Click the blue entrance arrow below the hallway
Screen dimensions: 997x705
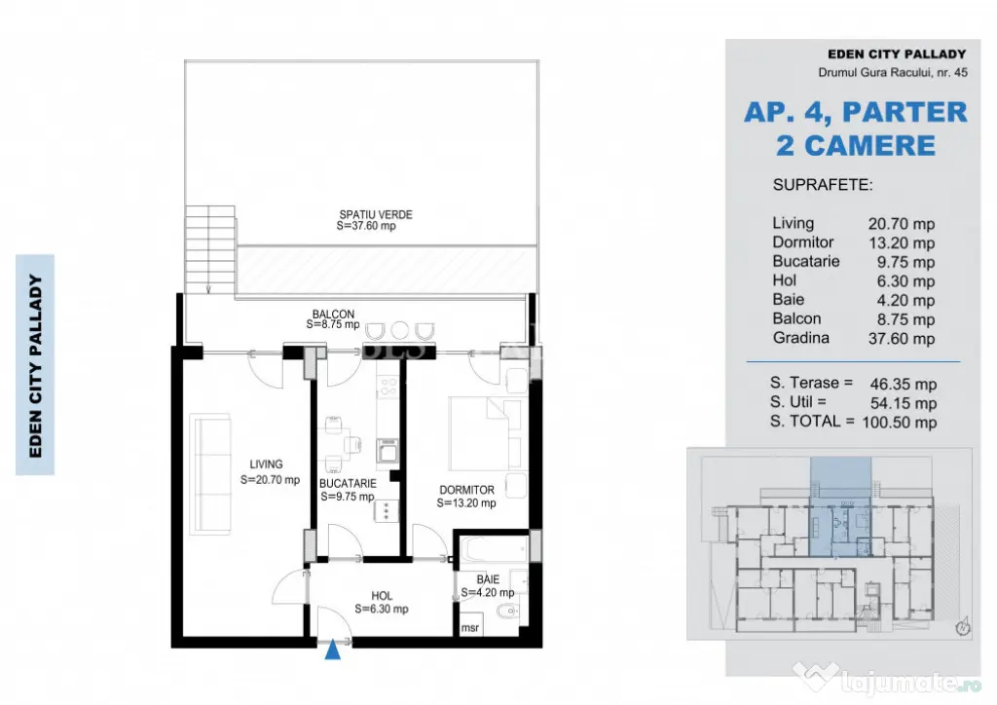[x=333, y=650]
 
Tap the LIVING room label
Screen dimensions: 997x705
[x=266, y=464]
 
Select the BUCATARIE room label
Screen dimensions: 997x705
[x=348, y=484]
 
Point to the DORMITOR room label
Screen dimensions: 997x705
[x=466, y=490]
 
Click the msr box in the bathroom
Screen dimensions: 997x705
[x=470, y=627]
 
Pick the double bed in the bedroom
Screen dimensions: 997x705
[x=485, y=433]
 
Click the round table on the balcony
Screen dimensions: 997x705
[x=400, y=330]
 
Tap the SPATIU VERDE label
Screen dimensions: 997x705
[x=376, y=215]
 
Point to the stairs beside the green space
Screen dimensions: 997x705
[x=210, y=249]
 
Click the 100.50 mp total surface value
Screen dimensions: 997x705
[x=899, y=423]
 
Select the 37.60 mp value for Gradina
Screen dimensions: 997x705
[x=902, y=339]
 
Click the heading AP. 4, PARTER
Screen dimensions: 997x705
[x=855, y=113]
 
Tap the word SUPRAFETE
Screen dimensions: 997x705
[x=823, y=186]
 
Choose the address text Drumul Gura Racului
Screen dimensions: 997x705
[x=875, y=72]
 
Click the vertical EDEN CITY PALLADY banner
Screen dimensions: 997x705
[x=35, y=365]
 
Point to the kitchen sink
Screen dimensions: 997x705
[x=387, y=451]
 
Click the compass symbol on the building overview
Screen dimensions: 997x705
[x=963, y=626]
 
